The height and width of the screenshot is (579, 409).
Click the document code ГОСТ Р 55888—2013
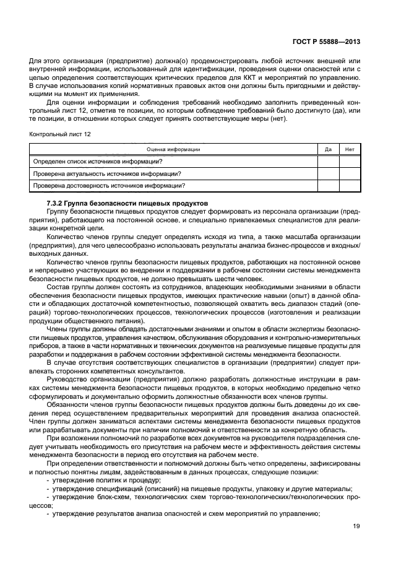[325, 42]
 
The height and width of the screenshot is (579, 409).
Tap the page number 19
[356, 527]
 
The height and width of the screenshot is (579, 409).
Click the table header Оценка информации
[173, 149]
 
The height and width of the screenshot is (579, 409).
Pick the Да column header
[328, 149]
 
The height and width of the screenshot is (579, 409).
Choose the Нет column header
[350, 149]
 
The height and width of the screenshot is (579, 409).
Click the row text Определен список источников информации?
[98, 162]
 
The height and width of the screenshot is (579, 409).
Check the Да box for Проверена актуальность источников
[328, 173]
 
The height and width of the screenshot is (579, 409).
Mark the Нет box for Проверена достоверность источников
[350, 185]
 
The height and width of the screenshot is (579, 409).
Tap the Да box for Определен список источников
[328, 162]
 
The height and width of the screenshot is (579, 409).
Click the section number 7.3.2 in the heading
[56, 204]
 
